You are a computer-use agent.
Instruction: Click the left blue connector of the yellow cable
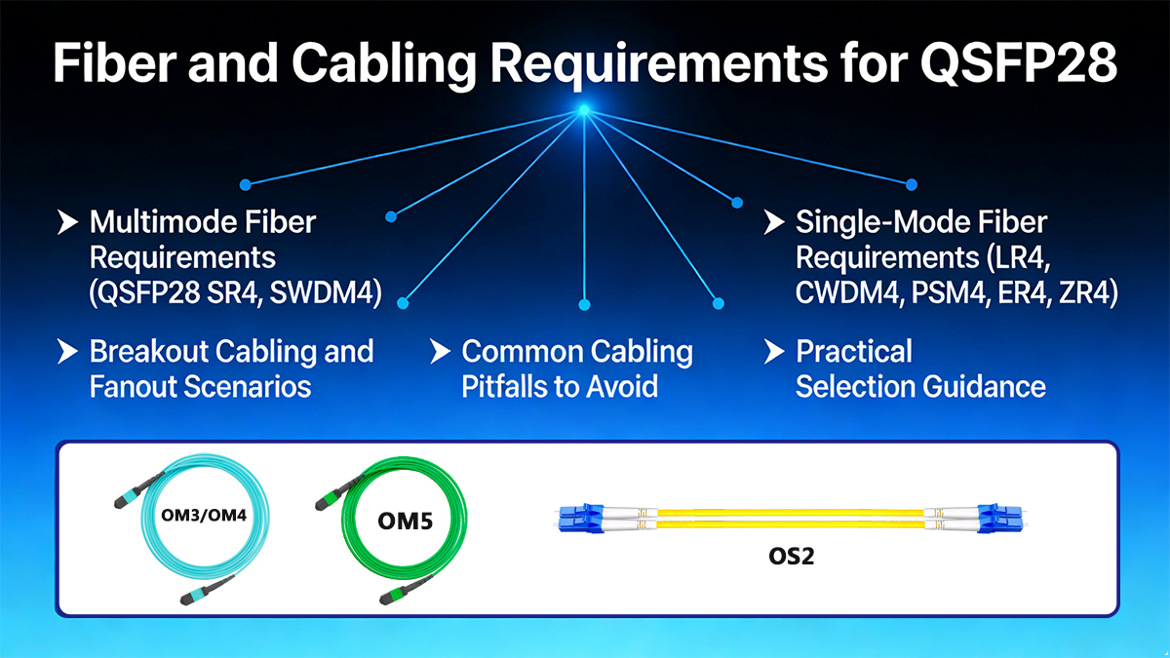click(582, 519)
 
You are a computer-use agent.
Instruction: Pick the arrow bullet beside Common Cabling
click(439, 351)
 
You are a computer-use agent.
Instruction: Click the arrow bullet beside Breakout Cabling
click(66, 351)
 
